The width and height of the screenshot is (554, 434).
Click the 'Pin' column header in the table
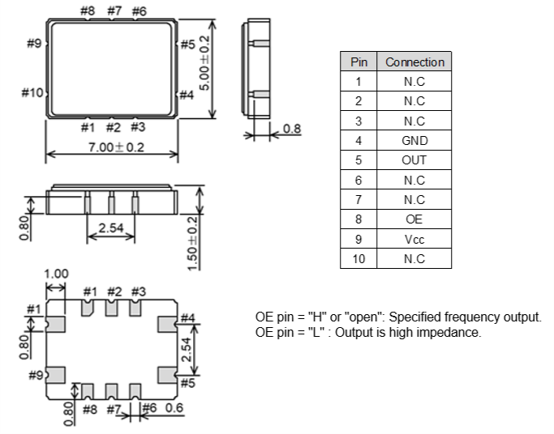[x=358, y=62]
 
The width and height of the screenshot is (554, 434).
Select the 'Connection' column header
[x=414, y=62]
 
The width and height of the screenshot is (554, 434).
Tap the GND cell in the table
[x=414, y=141]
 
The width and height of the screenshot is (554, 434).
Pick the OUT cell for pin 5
[x=414, y=160]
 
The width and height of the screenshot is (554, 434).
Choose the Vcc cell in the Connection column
[x=414, y=240]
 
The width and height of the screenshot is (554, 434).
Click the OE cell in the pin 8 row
[x=414, y=219]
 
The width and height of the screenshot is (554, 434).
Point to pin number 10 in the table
[x=358, y=259]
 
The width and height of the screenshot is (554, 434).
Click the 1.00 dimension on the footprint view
[x=56, y=274]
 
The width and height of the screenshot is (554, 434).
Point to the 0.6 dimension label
[x=173, y=409]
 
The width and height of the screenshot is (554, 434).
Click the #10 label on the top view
[x=32, y=93]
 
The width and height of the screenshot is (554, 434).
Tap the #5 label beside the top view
[x=187, y=45]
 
